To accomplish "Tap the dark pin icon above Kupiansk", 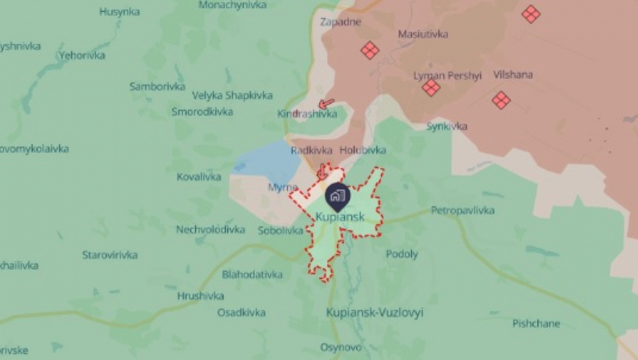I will pyautogui.click(x=337, y=195).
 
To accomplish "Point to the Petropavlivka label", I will pyautogui.click(x=462, y=211).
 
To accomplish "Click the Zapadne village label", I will pyautogui.click(x=340, y=22).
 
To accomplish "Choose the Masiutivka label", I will pyautogui.click(x=423, y=34).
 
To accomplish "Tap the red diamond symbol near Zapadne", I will pyautogui.click(x=370, y=50).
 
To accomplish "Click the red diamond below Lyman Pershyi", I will pyautogui.click(x=431, y=88).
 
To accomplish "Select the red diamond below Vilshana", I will pyautogui.click(x=501, y=101).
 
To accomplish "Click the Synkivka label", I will pyautogui.click(x=447, y=126).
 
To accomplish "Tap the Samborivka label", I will pyautogui.click(x=157, y=86).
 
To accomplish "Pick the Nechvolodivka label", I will pyautogui.click(x=211, y=230).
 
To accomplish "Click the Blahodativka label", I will pyautogui.click(x=252, y=274).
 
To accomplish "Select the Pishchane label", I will pyautogui.click(x=536, y=324).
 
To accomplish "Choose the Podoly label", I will pyautogui.click(x=402, y=254).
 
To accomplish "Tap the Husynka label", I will pyautogui.click(x=119, y=12).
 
